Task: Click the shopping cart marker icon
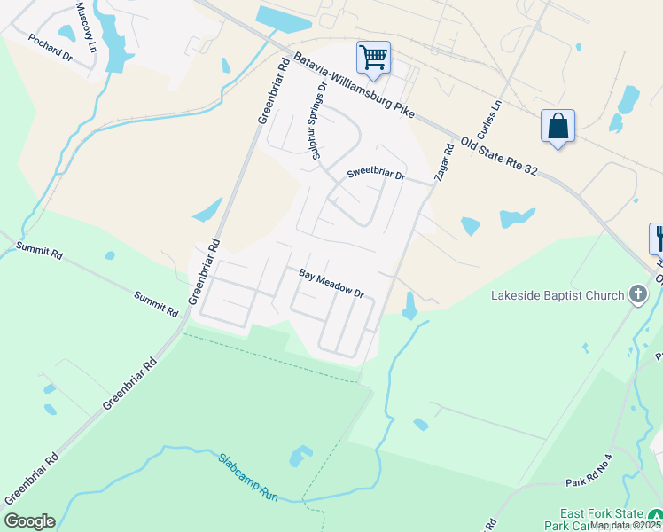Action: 374,59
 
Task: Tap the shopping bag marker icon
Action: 558,126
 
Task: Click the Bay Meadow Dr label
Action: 331,284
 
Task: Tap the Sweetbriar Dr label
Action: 376,175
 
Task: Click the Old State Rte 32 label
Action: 499,156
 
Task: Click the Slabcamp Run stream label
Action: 249,476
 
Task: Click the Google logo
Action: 29,521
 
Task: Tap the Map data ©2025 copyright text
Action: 625,525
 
